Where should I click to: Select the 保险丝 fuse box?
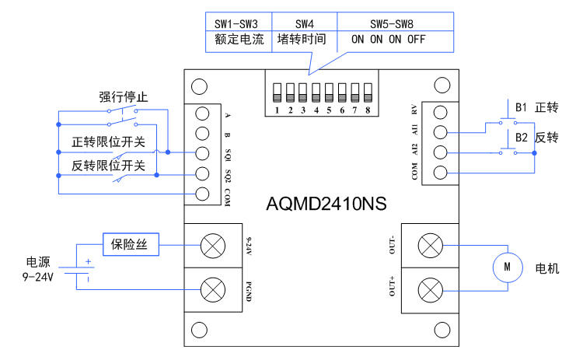tap(131, 245)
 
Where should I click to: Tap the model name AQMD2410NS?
tap(326, 204)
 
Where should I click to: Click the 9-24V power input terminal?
tap(211, 246)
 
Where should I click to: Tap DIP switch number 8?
tap(367, 93)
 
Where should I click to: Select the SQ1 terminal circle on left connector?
tap(203, 152)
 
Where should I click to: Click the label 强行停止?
tap(124, 96)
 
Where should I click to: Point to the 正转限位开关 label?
tap(108, 142)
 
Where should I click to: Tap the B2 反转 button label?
tap(536, 138)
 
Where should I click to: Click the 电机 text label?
tap(547, 268)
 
